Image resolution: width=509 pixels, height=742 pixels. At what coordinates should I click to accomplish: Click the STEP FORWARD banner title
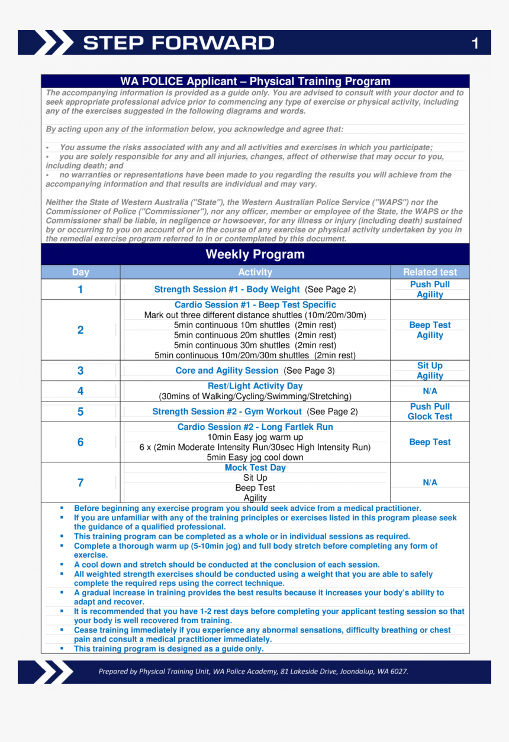[x=178, y=43]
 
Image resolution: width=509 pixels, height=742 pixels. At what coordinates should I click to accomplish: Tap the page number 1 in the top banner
[x=475, y=43]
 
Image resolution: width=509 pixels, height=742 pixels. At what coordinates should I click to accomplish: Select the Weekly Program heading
[x=255, y=254]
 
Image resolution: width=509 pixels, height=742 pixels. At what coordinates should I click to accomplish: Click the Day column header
[x=80, y=272]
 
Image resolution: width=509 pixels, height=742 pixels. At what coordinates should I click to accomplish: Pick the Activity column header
[x=255, y=272]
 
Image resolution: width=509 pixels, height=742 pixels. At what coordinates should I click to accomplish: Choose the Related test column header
[x=430, y=272]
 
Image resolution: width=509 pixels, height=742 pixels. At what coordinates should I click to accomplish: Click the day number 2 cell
[x=80, y=330]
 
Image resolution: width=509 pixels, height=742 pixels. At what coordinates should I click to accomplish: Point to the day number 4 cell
[x=80, y=391]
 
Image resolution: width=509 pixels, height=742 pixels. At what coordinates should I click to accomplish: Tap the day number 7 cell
[x=80, y=482]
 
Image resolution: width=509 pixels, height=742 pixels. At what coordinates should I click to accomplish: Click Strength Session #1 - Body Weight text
[x=227, y=289]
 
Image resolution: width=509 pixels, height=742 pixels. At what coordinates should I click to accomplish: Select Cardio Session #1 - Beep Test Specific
[x=255, y=305]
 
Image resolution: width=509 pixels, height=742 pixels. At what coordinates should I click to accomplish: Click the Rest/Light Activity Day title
[x=255, y=386]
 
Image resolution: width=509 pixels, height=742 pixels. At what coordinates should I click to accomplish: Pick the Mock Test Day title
[x=255, y=468]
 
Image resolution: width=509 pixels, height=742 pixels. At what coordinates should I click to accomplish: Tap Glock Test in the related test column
[x=430, y=416]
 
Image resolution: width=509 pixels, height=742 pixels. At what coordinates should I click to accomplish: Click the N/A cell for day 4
[x=430, y=391]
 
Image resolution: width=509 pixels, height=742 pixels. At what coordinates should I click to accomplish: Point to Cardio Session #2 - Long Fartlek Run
[x=255, y=427]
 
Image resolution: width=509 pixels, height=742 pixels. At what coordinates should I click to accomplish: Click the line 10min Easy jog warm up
[x=255, y=437]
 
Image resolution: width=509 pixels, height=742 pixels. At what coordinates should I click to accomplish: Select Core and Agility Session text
[x=227, y=371]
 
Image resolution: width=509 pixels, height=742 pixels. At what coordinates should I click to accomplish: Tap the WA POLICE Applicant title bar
[x=255, y=82]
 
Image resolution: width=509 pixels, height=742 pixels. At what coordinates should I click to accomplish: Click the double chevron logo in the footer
[x=53, y=672]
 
